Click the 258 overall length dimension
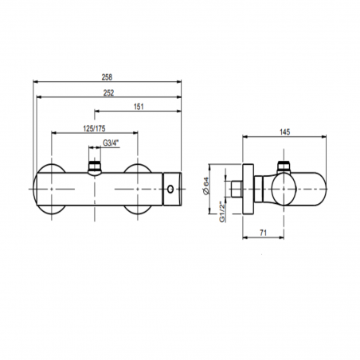tap(108, 77)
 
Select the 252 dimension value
tap(108, 93)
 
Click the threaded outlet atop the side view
tap(282, 167)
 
